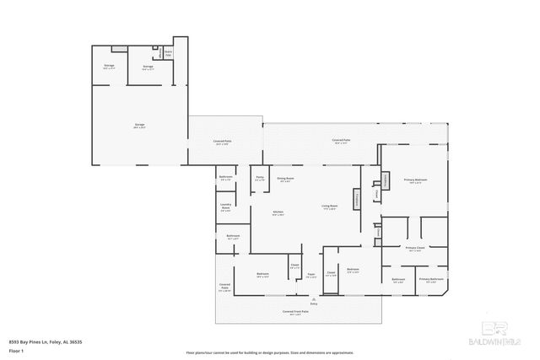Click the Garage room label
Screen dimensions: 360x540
click(x=139, y=126)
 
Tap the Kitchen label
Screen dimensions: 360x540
click(x=277, y=212)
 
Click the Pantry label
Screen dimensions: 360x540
click(x=260, y=179)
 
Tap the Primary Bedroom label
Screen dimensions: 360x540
click(x=415, y=180)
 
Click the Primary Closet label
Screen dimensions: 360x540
click(x=414, y=248)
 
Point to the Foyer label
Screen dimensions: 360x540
click(x=311, y=275)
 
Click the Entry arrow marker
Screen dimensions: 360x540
click(x=313, y=299)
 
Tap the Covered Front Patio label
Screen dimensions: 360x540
click(x=295, y=311)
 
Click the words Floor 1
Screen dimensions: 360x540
click(x=16, y=350)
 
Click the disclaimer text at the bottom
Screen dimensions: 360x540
click(x=270, y=352)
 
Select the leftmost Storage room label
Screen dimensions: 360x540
click(x=109, y=66)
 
